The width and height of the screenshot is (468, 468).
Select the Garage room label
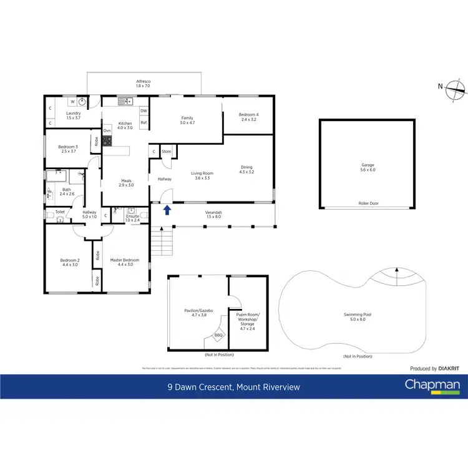coord(368,167)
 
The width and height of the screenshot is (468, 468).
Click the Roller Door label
coord(368,203)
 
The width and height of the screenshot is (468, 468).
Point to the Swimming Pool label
coord(358,317)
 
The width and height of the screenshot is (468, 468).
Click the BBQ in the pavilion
coord(218,335)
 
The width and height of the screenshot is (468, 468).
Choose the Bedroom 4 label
coord(249,117)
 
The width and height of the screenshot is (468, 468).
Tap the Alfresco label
coord(144,84)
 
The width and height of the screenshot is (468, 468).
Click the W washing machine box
coord(72,102)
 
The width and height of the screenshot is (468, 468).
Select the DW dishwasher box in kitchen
coord(144,111)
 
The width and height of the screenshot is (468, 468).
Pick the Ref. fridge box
coord(144,123)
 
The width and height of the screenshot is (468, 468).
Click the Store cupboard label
coord(167,152)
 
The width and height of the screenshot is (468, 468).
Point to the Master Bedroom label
coord(125,262)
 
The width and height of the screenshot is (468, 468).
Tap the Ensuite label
coord(132,218)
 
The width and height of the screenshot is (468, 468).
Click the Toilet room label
coord(60,212)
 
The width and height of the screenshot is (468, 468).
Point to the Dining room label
coord(247,169)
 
